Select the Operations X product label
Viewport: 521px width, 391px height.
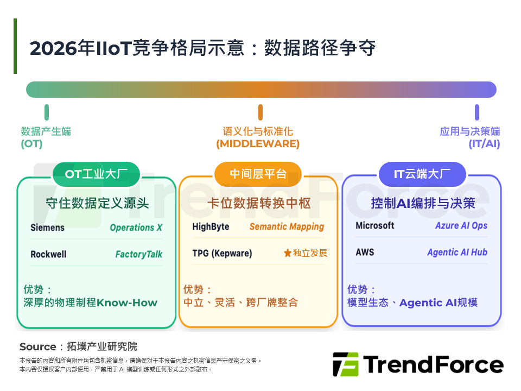click(136, 228)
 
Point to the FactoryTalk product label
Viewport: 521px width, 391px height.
click(138, 254)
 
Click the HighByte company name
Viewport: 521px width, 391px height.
click(211, 226)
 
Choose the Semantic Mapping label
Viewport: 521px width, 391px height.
click(287, 226)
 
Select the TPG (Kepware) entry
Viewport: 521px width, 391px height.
click(223, 253)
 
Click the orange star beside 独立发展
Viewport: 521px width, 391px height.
click(287, 253)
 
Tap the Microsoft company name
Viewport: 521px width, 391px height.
click(375, 225)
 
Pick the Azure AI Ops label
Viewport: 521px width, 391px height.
click(461, 225)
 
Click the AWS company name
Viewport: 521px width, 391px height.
click(365, 253)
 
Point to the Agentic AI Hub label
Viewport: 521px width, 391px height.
click(457, 253)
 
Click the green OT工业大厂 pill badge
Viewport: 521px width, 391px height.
click(96, 174)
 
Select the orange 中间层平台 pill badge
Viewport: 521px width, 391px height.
click(258, 174)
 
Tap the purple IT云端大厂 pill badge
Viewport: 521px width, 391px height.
click(422, 174)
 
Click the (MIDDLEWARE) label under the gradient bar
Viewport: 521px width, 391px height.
click(258, 144)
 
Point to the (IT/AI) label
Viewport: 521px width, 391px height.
click(484, 144)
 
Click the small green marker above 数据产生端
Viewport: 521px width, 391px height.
click(47, 112)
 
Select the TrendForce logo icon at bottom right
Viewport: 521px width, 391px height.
click(345, 364)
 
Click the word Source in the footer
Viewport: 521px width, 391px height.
click(37, 346)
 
